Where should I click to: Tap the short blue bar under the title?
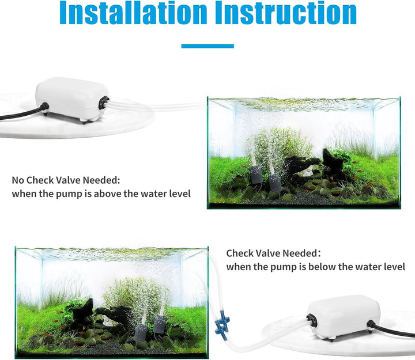click(207, 46)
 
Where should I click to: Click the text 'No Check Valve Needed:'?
click(66, 180)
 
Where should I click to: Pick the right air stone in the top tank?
click(274, 183)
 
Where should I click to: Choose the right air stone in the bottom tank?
click(160, 324)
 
